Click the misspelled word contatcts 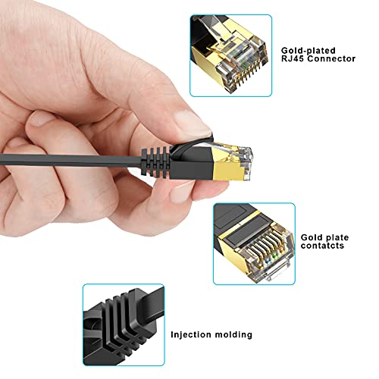tap(323, 246)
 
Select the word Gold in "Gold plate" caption tap(312, 236)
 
